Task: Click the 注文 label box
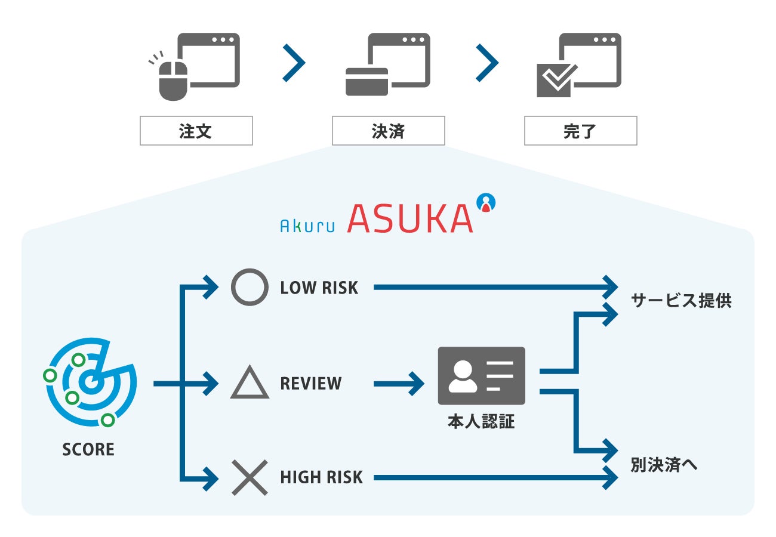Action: click(x=196, y=131)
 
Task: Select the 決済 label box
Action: click(x=388, y=131)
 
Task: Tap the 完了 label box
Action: click(x=580, y=131)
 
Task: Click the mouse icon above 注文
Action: click(x=173, y=80)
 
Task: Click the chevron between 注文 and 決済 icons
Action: click(x=294, y=61)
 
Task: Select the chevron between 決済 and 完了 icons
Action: click(x=487, y=61)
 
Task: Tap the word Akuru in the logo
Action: click(x=307, y=224)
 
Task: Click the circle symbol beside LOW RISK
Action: click(x=250, y=287)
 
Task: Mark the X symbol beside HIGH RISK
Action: click(x=250, y=477)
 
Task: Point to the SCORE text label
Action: click(x=88, y=449)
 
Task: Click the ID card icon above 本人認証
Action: click(x=481, y=375)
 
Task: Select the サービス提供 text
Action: click(x=681, y=301)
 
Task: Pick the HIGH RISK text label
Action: click(x=321, y=477)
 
